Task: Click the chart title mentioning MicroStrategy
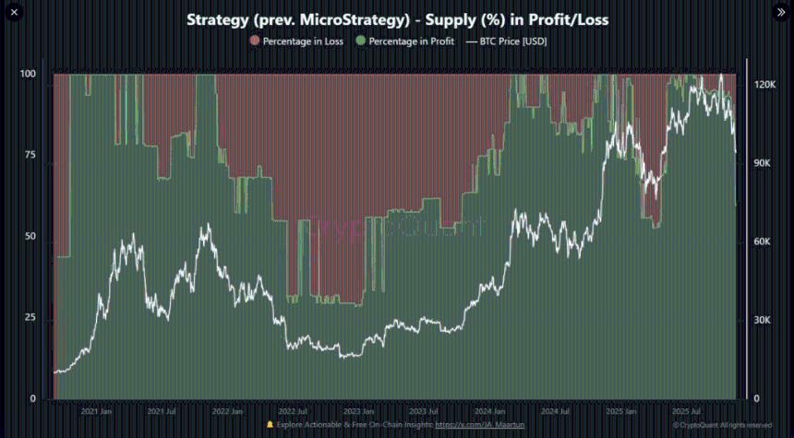(397, 18)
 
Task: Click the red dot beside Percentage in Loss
(255, 41)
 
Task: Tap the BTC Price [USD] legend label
(512, 41)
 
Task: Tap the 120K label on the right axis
(764, 84)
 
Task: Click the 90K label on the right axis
(762, 163)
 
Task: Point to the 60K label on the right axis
(762, 242)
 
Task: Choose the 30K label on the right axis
(762, 320)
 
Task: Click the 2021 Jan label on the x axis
(97, 411)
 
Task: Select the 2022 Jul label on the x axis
(293, 411)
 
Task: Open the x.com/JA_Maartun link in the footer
(472, 425)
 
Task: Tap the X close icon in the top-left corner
(14, 12)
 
